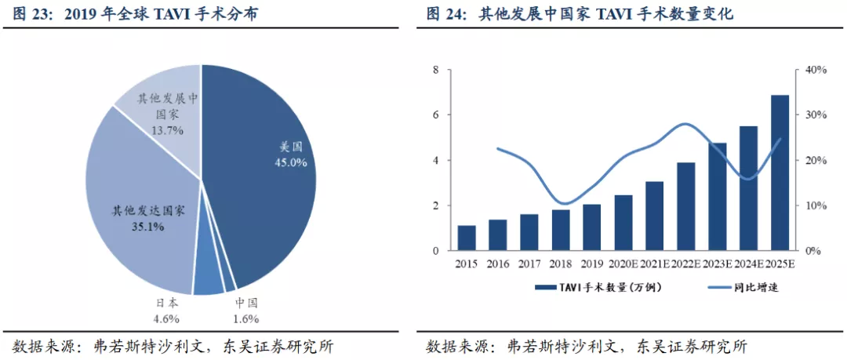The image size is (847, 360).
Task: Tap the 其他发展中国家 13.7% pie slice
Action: click(161, 110)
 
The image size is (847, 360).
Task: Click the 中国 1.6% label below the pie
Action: click(246, 311)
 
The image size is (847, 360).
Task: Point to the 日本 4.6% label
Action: click(165, 311)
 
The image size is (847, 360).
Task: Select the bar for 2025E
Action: click(779, 173)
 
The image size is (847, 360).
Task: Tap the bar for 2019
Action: click(592, 227)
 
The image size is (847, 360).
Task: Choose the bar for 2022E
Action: click(685, 207)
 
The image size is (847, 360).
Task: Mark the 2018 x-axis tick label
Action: click(561, 264)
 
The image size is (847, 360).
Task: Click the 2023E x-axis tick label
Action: click(717, 264)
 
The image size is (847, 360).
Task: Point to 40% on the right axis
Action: click(816, 70)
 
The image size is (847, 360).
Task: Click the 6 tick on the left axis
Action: click(436, 115)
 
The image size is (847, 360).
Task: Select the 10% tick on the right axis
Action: click(816, 206)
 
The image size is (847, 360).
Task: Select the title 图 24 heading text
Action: click(580, 14)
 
